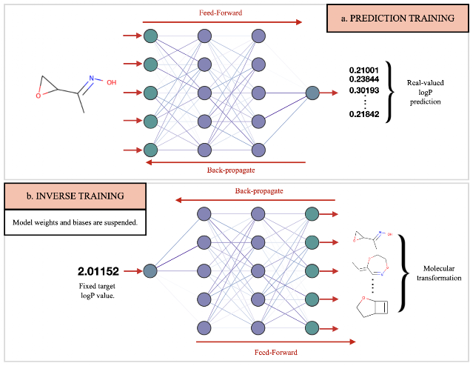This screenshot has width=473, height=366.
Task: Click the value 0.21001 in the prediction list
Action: pyautogui.click(x=363, y=70)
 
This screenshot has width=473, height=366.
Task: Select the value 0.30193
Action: pyautogui.click(x=363, y=90)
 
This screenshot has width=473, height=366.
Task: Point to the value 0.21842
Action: pyautogui.click(x=363, y=114)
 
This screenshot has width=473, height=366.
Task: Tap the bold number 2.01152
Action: pyautogui.click(x=98, y=271)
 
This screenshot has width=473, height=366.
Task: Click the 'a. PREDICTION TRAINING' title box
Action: pyautogui.click(x=397, y=18)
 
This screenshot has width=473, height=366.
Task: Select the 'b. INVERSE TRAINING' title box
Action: pyautogui.click(x=75, y=196)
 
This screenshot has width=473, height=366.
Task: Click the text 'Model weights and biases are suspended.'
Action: pyautogui.click(x=75, y=222)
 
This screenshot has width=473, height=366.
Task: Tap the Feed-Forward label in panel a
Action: pyautogui.click(x=221, y=13)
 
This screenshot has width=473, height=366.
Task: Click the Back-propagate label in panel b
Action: pyautogui.click(x=259, y=191)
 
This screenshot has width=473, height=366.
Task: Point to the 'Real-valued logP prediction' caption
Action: pyautogui.click(x=426, y=92)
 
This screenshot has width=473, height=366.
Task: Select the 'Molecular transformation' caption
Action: pyautogui.click(x=439, y=273)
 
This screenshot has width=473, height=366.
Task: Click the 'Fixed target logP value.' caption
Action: pyautogui.click(x=97, y=290)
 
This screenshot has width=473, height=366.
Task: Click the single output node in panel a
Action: pyautogui.click(x=312, y=93)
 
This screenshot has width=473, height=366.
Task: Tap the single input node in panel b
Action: pyautogui.click(x=150, y=271)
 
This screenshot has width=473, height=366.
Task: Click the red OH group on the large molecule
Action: pyautogui.click(x=111, y=82)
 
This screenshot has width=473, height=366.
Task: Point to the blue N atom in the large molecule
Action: pyautogui.click(x=91, y=79)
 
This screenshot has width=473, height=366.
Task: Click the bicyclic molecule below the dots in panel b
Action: pyautogui.click(x=372, y=307)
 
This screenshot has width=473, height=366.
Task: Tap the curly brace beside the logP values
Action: pyautogui.click(x=390, y=92)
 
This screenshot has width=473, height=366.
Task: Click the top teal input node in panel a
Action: pyautogui.click(x=150, y=36)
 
